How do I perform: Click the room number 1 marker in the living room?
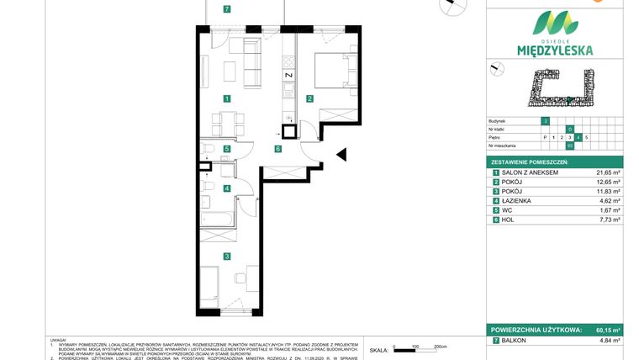click(227, 98)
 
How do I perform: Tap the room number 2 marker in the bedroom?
click(309, 98)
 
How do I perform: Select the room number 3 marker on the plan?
click(227, 256)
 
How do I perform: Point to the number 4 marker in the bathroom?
click(227, 188)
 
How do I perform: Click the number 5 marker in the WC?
click(227, 149)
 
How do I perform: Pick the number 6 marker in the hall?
click(277, 149)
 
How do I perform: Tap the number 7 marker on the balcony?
click(227, 9)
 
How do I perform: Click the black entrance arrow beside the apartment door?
click(341, 154)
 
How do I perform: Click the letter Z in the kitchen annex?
click(288, 75)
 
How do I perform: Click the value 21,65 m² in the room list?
click(608, 172)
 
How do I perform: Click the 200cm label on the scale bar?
click(440, 346)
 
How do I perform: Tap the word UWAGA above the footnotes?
click(60, 340)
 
